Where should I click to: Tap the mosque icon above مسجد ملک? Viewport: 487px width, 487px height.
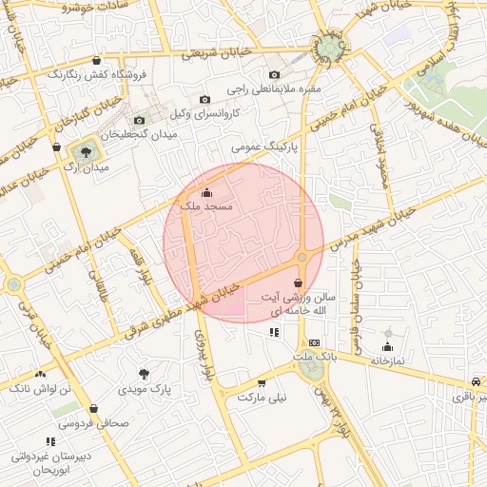pyautogui.click(x=207, y=197)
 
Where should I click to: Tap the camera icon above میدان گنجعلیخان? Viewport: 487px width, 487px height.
pyautogui.click(x=140, y=120)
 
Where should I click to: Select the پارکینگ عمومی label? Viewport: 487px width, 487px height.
pyautogui.click(x=265, y=148)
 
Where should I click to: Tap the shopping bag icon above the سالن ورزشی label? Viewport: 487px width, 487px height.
pyautogui.click(x=299, y=282)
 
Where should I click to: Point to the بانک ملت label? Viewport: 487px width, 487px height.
pyautogui.click(x=315, y=357)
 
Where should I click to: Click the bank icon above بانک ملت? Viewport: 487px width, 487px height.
pyautogui.click(x=315, y=342)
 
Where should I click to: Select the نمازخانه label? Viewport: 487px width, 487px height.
pyautogui.click(x=387, y=361)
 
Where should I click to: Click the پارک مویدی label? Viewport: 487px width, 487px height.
pyautogui.click(x=145, y=389)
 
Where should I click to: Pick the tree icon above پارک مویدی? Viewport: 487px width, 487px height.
pyautogui.click(x=145, y=374)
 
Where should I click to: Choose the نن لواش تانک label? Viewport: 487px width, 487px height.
pyautogui.click(x=40, y=389)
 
